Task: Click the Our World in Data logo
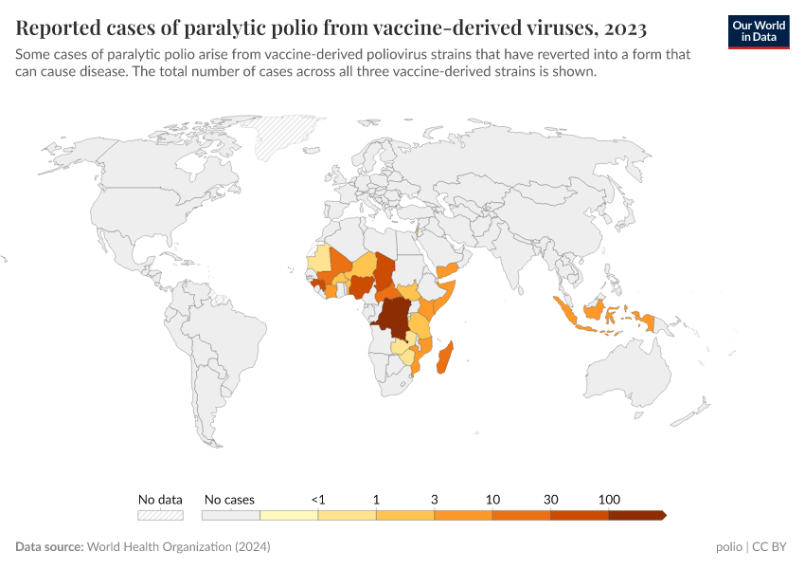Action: pyautogui.click(x=758, y=30)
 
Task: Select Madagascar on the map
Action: pyautogui.click(x=444, y=359)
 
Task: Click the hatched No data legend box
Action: pyautogui.click(x=160, y=515)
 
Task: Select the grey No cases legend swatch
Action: pyautogui.click(x=230, y=515)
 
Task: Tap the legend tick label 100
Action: pyautogui.click(x=609, y=499)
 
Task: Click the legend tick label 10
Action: pyautogui.click(x=492, y=499)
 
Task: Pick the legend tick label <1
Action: pyautogui.click(x=318, y=499)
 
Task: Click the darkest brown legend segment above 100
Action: pyautogui.click(x=636, y=515)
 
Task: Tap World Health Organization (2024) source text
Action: pyautogui.click(x=178, y=547)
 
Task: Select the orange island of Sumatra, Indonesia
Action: pyautogui.click(x=566, y=311)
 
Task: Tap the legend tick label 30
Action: pyautogui.click(x=550, y=499)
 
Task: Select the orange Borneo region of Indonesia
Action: pyautogui.click(x=594, y=309)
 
